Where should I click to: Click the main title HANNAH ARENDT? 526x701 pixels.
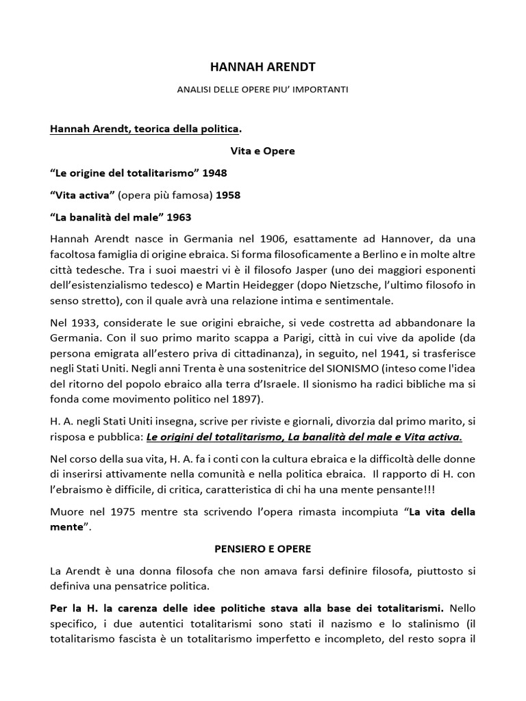point(262,67)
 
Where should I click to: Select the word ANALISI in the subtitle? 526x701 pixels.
point(197,90)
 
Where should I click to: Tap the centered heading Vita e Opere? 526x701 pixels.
point(262,151)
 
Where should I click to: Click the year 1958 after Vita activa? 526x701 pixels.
point(228,195)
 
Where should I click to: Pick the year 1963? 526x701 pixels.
point(177,217)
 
